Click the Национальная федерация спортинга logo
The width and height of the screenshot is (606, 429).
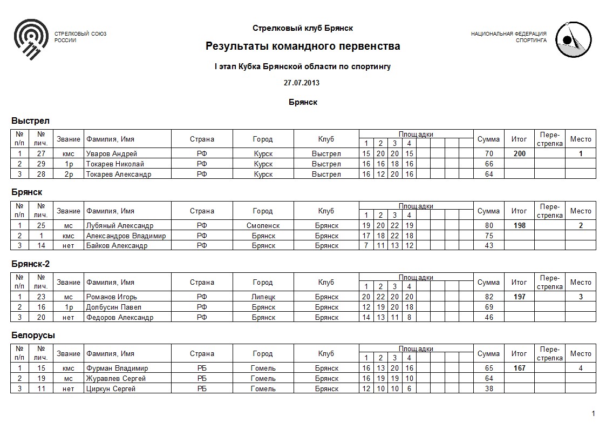point(573,39)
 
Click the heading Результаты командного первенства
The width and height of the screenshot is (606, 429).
point(303,46)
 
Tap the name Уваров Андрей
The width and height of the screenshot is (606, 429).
point(112,154)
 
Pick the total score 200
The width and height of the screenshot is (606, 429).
point(519,154)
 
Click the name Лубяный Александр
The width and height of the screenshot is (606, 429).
point(120,225)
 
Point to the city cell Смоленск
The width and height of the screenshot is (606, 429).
point(263,225)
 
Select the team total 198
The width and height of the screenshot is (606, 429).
point(519,225)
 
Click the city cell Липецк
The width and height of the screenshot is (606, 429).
point(263,297)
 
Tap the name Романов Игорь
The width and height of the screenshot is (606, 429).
point(112,297)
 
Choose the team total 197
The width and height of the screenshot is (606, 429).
point(519,297)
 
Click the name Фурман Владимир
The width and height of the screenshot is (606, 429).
point(117,368)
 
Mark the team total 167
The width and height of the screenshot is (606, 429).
point(519,368)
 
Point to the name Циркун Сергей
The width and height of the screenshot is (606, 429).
point(111,389)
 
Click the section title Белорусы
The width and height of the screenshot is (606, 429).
point(33,336)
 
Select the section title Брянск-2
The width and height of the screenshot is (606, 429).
point(35,264)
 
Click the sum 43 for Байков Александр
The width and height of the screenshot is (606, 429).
point(489,246)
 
